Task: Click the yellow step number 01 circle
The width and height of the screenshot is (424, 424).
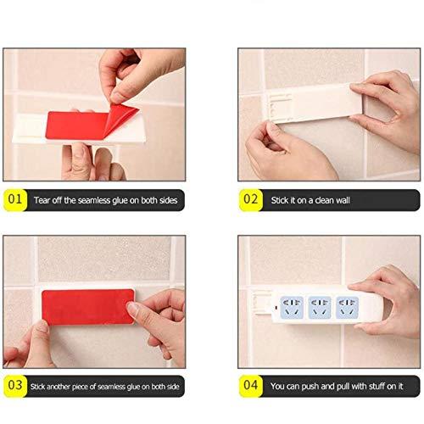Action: (x=14, y=200)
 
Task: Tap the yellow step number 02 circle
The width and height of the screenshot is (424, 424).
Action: (x=250, y=200)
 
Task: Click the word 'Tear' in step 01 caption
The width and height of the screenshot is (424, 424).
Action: (x=42, y=201)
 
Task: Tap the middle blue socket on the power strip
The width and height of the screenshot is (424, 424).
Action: (x=321, y=306)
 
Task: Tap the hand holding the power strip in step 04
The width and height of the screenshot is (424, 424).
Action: (x=395, y=297)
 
